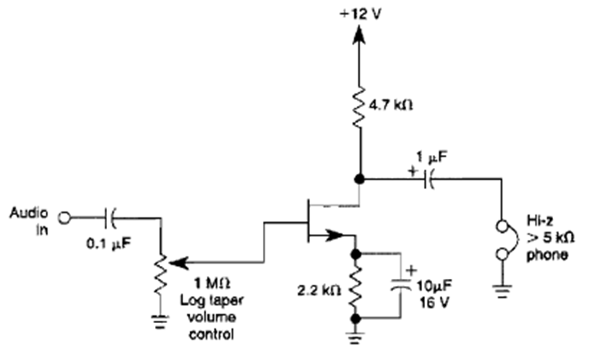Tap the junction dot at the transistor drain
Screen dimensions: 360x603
click(358, 178)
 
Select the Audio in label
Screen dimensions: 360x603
click(29, 220)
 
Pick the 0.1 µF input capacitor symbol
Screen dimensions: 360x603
click(111, 216)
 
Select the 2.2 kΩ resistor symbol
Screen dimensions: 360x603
click(355, 286)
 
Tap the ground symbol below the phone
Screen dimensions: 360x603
click(500, 291)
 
